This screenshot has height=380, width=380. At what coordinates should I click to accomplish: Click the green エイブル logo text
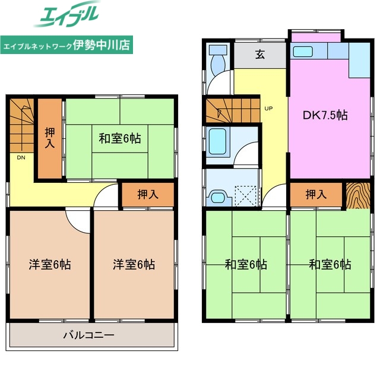[x=69, y=15]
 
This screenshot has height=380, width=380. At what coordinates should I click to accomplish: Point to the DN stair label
[x=21, y=158]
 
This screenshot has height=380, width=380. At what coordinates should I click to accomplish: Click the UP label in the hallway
[x=268, y=109]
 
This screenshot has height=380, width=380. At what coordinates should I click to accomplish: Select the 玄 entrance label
[x=260, y=55]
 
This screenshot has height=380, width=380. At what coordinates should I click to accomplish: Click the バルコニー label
[x=88, y=335]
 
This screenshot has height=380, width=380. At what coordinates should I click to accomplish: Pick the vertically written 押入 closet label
[x=50, y=138]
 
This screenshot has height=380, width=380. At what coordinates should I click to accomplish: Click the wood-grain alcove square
[x=358, y=195]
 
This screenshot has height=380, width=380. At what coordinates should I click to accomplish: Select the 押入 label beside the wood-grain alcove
[x=315, y=194]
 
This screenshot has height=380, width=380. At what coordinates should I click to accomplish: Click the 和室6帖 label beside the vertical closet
[x=119, y=138]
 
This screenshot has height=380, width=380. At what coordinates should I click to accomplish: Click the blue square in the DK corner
[x=359, y=62]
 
